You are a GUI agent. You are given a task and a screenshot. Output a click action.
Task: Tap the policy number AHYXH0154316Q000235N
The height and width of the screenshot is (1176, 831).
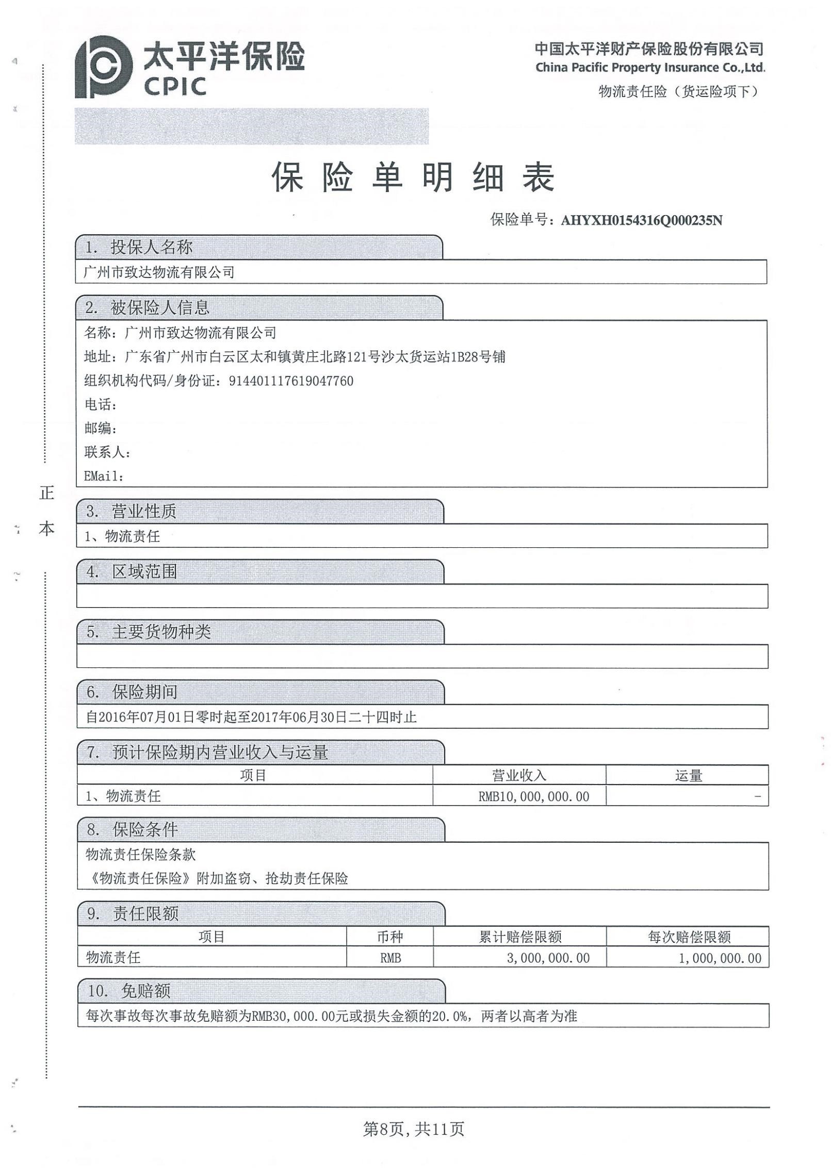(x=641, y=221)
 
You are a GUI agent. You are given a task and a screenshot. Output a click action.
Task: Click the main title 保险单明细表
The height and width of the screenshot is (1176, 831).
(x=413, y=177)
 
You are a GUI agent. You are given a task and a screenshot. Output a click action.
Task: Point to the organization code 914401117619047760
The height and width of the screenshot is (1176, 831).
(x=291, y=381)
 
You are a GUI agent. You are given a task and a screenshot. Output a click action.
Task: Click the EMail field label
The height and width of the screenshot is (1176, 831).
(x=104, y=476)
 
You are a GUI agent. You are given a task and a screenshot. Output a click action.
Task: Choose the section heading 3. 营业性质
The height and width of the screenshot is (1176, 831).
(x=132, y=511)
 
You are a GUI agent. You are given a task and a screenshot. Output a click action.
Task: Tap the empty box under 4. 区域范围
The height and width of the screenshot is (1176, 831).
(x=422, y=596)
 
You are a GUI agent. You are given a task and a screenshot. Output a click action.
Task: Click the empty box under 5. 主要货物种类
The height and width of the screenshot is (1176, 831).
(x=422, y=657)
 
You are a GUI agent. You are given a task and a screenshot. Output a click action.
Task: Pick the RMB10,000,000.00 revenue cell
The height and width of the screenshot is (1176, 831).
(x=533, y=796)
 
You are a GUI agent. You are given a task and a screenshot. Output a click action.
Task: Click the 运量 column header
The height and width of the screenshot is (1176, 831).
(x=688, y=776)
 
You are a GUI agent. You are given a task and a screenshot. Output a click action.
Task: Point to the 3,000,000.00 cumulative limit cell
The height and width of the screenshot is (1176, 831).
(x=548, y=958)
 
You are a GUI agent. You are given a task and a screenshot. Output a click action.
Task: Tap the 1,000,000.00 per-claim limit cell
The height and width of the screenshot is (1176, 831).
(x=720, y=958)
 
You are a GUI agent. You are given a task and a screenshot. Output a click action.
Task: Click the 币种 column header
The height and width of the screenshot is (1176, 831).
(x=390, y=937)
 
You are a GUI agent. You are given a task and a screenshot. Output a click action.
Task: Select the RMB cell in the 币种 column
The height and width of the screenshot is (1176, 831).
(x=390, y=958)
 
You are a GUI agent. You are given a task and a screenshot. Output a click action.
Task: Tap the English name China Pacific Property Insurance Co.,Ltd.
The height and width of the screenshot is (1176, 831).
(x=650, y=68)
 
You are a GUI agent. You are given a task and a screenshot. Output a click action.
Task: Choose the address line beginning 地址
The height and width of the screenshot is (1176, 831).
(x=295, y=357)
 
